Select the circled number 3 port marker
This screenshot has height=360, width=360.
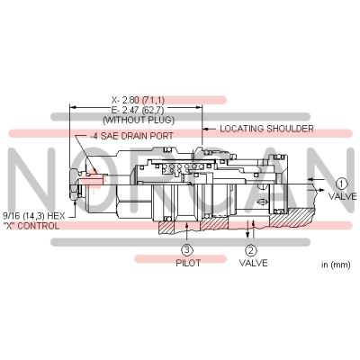(x=185, y=249)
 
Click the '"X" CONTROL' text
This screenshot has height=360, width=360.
(x=31, y=226)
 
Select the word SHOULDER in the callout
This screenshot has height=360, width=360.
(x=288, y=129)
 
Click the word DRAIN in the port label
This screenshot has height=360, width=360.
(x=134, y=136)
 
